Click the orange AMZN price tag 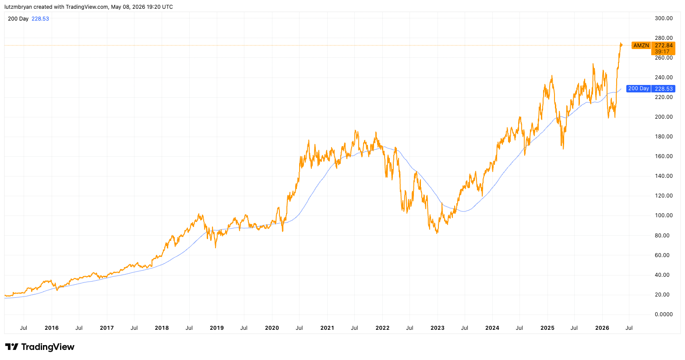[x=641, y=46]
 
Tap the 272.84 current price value [x=664, y=46]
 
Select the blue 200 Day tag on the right [x=639, y=89]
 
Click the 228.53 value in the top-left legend [x=40, y=19]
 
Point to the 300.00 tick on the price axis [x=664, y=18]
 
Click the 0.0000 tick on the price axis [x=664, y=314]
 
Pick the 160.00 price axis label [x=664, y=156]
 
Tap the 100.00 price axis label [x=664, y=215]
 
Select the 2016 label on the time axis [x=51, y=328]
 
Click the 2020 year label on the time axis [x=272, y=328]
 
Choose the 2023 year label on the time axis [x=437, y=328]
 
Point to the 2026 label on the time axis [x=602, y=328]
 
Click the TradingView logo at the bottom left [x=40, y=347]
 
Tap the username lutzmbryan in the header [x=18, y=7]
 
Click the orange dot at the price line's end [x=621, y=45]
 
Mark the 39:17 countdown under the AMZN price [x=662, y=52]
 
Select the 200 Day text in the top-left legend [x=18, y=19]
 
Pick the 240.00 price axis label [x=664, y=78]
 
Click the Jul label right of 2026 [x=629, y=328]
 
